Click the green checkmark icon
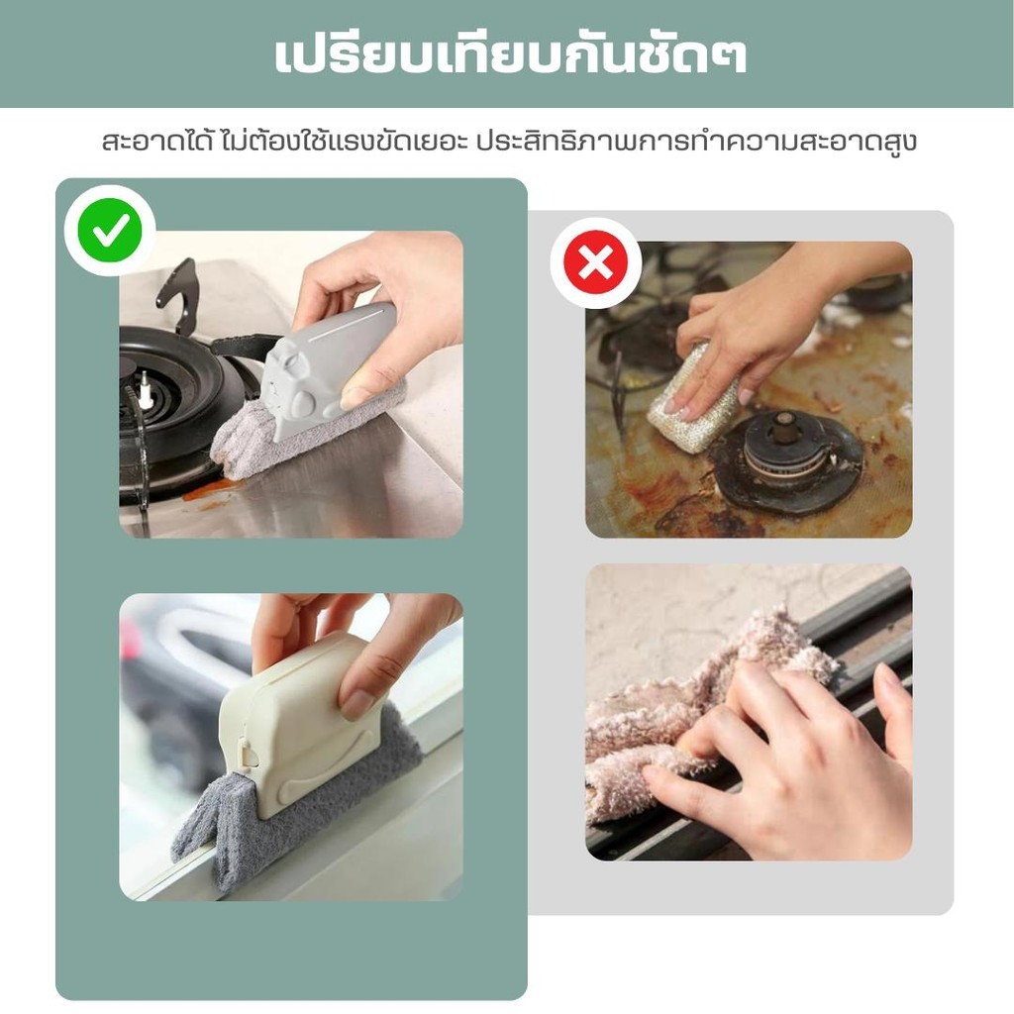click(x=109, y=230)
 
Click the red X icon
click(x=595, y=262)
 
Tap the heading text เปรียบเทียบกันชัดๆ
click(x=511, y=55)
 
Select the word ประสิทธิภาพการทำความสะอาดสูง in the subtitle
click(x=696, y=142)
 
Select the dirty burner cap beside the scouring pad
click(x=785, y=459)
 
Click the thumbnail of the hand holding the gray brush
click(x=356, y=396)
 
